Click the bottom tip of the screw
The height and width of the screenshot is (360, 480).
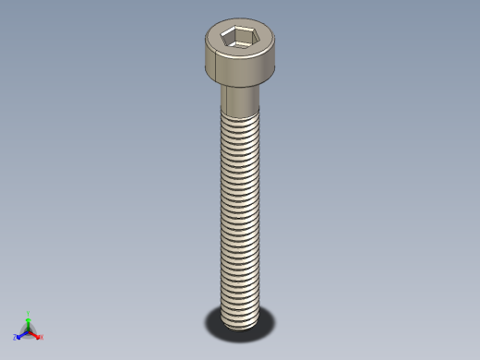(240, 324)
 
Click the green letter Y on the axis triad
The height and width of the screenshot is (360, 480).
(29, 313)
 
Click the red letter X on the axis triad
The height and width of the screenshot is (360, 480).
(42, 337)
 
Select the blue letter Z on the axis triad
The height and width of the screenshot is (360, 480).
(15, 338)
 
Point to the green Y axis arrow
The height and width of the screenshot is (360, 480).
(29, 321)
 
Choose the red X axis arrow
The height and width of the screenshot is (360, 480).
(35, 333)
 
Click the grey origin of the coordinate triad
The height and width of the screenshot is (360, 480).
(29, 330)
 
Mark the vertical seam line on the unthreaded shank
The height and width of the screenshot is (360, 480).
(225, 97)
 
